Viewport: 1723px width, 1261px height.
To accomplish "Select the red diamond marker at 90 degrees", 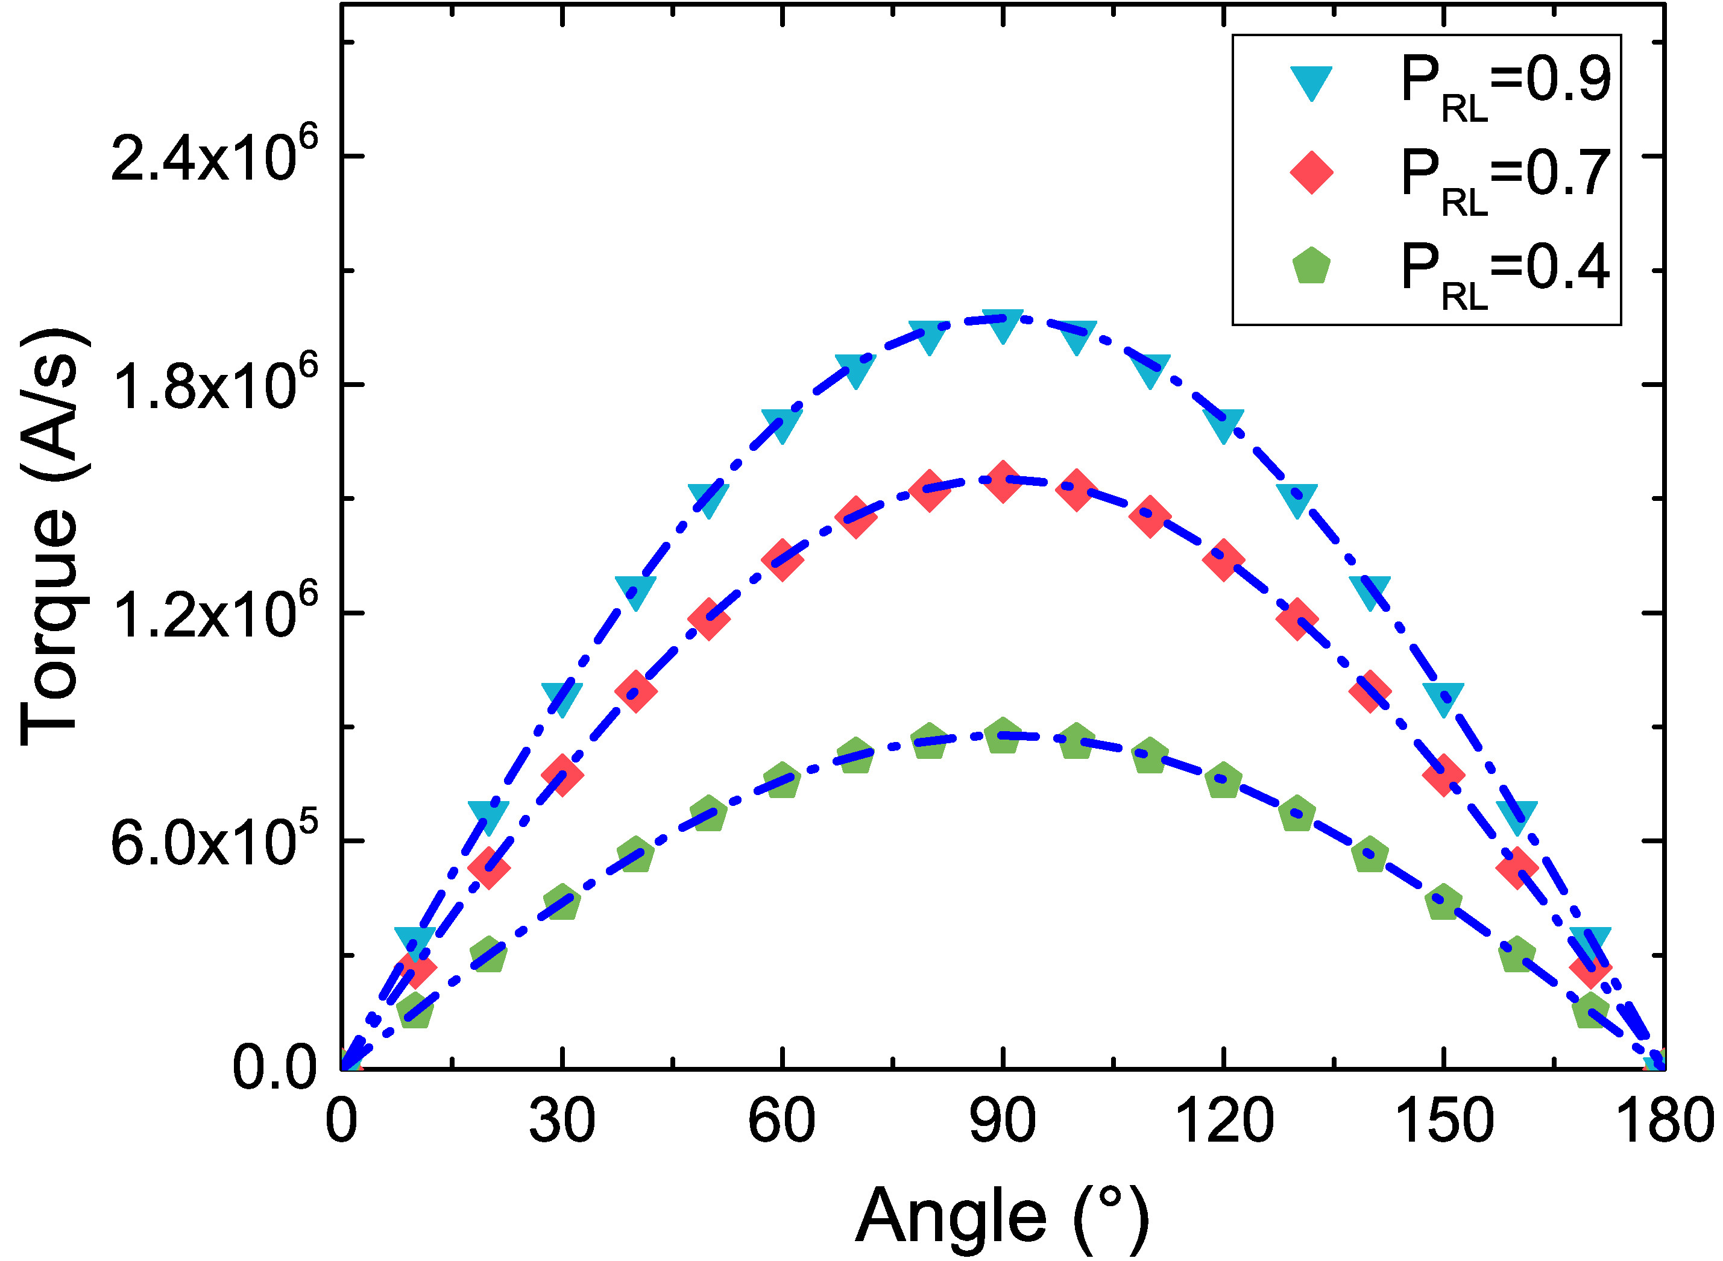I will coord(1003,482).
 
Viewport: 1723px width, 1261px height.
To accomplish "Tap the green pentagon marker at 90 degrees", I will coord(1003,736).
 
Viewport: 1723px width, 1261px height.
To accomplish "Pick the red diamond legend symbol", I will coord(1311,172).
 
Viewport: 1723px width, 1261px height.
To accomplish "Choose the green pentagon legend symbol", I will coord(1311,266).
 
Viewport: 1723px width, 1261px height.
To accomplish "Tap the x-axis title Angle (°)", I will coord(1001,1215).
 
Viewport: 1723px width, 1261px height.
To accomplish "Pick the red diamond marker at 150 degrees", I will coord(1443,776).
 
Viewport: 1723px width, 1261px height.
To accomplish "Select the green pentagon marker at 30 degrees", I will coord(562,903).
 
